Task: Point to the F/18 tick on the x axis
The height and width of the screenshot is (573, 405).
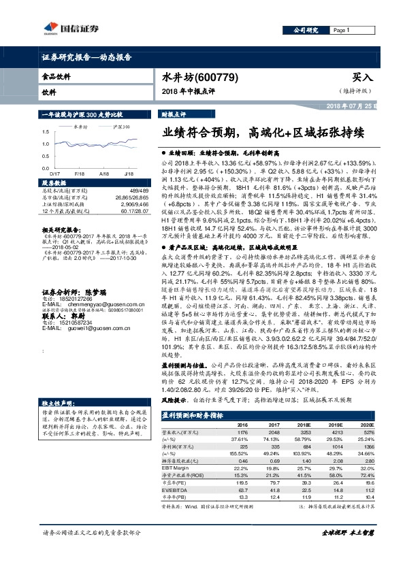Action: click(80, 174)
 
